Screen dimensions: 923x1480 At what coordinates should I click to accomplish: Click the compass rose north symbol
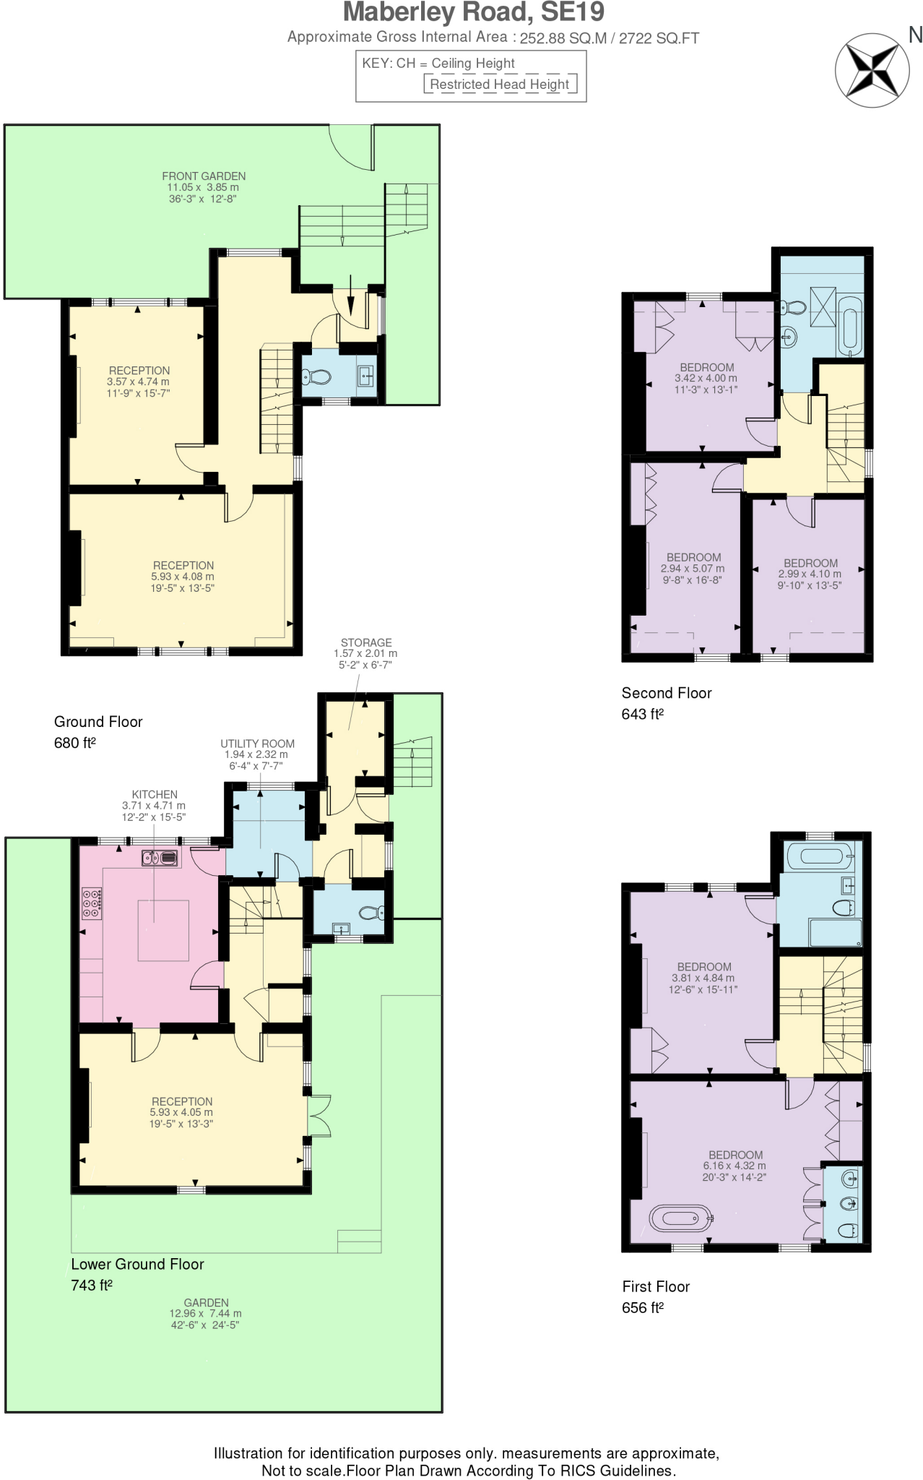pyautogui.click(x=872, y=71)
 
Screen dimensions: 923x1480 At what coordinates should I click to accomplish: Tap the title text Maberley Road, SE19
pyautogui.click(x=474, y=12)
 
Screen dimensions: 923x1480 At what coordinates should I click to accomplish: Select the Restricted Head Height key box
pyautogui.click(x=500, y=84)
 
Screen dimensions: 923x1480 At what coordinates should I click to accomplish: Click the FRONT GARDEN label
pyautogui.click(x=204, y=176)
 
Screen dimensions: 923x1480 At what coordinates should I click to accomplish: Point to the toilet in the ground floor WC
pyautogui.click(x=316, y=377)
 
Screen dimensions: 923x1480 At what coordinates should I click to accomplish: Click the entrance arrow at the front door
pyautogui.click(x=350, y=294)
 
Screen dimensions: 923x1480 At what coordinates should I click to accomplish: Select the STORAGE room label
pyautogui.click(x=366, y=642)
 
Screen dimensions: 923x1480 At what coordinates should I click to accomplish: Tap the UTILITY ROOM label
pyautogui.click(x=257, y=744)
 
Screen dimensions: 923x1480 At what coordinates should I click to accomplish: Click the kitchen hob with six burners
pyautogui.click(x=92, y=903)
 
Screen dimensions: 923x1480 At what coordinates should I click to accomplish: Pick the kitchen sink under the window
pyautogui.click(x=160, y=858)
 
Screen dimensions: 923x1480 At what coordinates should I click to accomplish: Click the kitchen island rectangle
pyautogui.click(x=163, y=931)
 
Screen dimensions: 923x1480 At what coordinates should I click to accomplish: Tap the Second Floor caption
pyautogui.click(x=667, y=693)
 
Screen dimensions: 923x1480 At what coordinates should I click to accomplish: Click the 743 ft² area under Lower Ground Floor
pyautogui.click(x=92, y=1285)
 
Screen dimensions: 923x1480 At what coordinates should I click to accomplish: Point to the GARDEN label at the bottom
pyautogui.click(x=206, y=1302)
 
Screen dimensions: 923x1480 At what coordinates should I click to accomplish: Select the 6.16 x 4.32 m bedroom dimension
pyautogui.click(x=734, y=1166)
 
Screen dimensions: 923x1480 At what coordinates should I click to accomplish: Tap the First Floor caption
pyautogui.click(x=656, y=1286)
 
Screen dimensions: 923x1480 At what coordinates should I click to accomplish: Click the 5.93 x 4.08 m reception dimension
pyautogui.click(x=183, y=577)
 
